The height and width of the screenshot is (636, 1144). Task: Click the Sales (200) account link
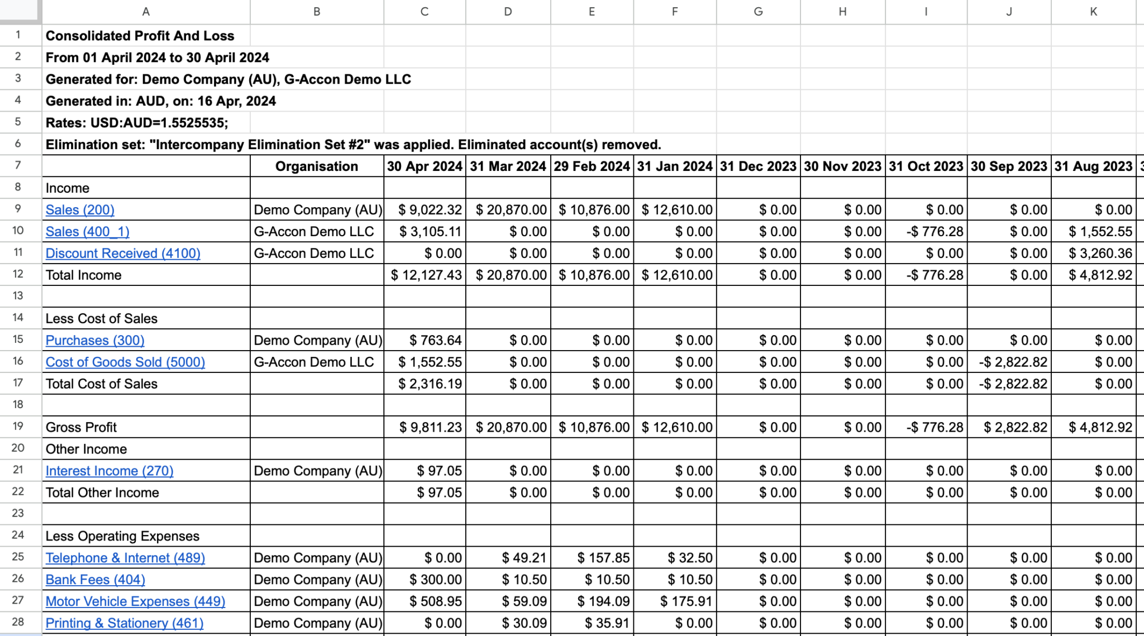80,210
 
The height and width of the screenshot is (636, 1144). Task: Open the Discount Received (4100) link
123,254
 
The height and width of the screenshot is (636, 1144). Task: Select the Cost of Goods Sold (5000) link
125,362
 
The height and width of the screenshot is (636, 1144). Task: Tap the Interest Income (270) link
109,471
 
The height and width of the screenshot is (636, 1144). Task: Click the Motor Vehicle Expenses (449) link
135,601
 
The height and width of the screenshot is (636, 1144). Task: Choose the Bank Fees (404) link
95,580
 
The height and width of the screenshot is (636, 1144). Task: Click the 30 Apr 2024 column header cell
425,166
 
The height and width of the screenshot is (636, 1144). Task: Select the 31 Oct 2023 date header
926,166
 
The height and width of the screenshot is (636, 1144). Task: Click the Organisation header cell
316,166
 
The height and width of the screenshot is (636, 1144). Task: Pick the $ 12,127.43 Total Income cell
426,275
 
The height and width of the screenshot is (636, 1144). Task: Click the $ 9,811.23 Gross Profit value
430,428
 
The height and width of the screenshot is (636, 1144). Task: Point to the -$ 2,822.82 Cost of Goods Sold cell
1013,362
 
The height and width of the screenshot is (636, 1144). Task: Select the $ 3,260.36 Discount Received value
1100,254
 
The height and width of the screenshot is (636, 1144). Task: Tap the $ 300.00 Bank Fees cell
435,580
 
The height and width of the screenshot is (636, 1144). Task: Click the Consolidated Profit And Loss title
140,36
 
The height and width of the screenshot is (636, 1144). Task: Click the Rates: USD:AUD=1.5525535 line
137,123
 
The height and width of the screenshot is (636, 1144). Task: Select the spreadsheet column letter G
758,12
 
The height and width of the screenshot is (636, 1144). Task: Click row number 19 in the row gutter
18,427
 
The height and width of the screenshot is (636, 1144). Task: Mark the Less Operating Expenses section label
122,537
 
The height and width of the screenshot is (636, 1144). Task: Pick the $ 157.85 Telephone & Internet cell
603,558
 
